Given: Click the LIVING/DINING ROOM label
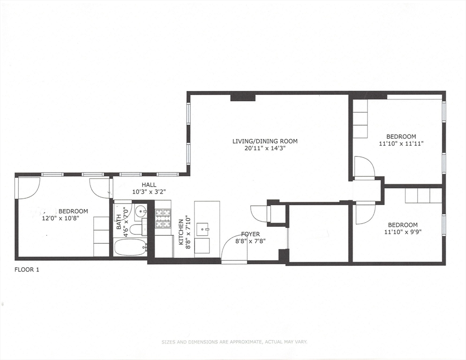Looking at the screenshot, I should point(265,141).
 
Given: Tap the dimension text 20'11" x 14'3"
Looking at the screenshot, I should point(265,148).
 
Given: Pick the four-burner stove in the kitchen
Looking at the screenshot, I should point(163,217).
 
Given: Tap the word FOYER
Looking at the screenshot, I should point(250,234).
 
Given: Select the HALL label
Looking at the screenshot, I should point(149,185).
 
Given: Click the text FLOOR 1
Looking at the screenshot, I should point(27,270).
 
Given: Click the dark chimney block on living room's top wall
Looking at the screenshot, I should point(242,97).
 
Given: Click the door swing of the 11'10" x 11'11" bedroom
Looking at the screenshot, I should point(364,167).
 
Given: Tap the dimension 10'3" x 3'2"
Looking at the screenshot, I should point(149,191).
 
